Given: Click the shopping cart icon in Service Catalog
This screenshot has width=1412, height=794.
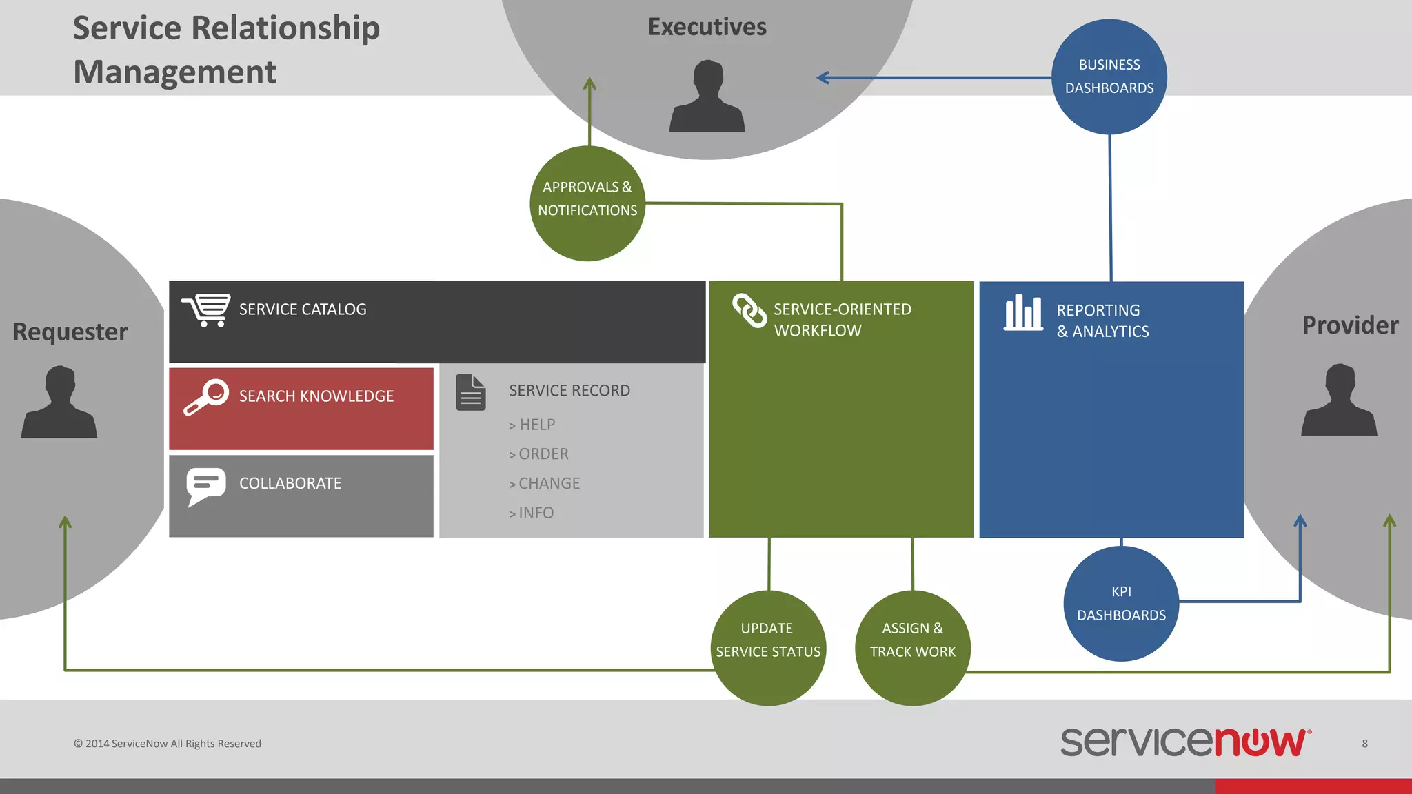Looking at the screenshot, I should click(206, 310).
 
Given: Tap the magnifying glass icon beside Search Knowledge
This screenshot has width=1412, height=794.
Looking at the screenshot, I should click(205, 397).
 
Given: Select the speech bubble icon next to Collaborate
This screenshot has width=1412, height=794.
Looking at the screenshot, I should click(205, 485).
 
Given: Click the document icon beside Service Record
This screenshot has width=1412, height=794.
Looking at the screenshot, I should click(471, 392).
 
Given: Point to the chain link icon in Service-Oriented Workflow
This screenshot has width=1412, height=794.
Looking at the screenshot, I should click(749, 311).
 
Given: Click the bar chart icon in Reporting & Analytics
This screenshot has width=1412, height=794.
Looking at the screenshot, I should click(1023, 313).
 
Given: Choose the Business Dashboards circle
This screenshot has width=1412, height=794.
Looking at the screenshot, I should click(1109, 77).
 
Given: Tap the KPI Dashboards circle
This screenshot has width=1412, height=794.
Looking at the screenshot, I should click(1121, 603).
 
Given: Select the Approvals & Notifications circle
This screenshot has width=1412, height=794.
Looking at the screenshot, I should click(587, 203).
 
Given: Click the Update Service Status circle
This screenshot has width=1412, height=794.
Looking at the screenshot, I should click(768, 647).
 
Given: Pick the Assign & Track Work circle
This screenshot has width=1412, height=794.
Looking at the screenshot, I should click(912, 647).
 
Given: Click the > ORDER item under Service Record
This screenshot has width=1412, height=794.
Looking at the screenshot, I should click(539, 454).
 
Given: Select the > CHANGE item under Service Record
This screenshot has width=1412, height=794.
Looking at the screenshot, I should click(545, 484).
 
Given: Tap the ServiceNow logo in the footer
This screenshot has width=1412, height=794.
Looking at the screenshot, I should click(1185, 742).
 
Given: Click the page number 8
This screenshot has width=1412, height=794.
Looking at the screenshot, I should click(1364, 744).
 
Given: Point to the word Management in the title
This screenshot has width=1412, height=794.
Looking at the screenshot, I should click(174, 72).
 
